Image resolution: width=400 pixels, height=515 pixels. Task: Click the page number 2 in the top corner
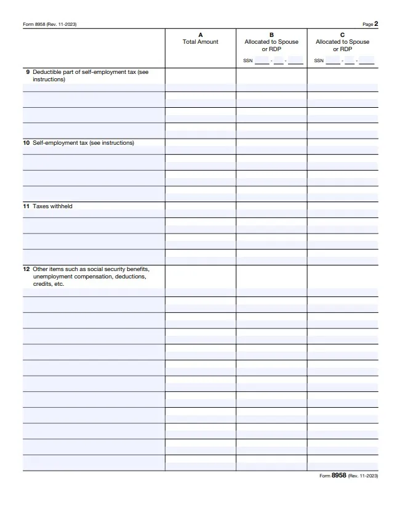pos(376,24)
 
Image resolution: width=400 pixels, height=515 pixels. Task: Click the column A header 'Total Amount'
pos(200,42)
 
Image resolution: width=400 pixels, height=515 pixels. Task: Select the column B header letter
pos(271,35)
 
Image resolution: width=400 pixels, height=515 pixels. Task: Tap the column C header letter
pos(343,35)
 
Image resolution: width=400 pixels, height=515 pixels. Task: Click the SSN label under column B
pos(248,60)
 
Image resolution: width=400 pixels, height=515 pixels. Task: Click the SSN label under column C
pos(319,60)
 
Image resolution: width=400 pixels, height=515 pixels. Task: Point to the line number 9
pos(28,72)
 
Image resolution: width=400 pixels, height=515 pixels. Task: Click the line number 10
pos(26,143)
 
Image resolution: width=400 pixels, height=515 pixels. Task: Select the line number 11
pos(26,206)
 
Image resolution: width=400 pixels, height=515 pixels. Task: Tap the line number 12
pos(26,269)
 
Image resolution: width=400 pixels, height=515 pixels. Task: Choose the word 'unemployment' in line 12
pos(52,277)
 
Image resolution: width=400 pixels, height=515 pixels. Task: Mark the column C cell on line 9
pos(343,76)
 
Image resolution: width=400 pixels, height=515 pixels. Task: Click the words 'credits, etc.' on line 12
pos(49,284)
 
